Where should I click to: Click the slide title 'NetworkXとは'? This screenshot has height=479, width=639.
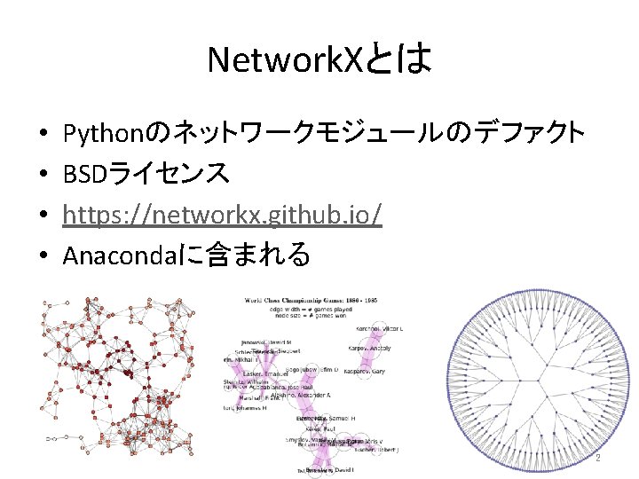pos(319,60)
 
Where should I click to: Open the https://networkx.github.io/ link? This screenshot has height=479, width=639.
pos(223,216)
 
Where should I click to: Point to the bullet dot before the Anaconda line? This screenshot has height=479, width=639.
pos(43,257)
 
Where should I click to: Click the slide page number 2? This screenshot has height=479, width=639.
pos(597,459)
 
